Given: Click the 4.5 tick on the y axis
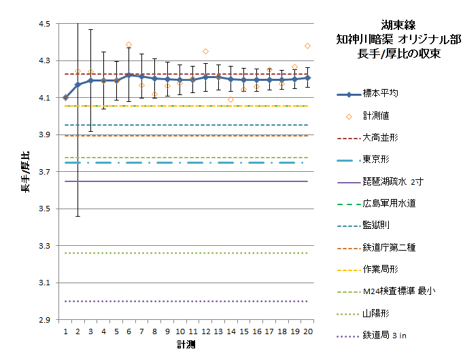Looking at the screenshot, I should click(44, 24).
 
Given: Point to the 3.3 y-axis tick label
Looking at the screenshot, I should click(44, 246).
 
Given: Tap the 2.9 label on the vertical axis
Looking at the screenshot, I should click(44, 319).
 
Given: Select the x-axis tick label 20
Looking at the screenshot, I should click(308, 331).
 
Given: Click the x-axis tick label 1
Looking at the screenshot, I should click(65, 331).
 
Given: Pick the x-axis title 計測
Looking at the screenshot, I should click(186, 345).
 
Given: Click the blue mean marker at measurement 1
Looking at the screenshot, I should click(65, 98).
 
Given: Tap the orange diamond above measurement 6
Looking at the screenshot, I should click(128, 45).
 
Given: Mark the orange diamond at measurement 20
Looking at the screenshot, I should click(308, 46).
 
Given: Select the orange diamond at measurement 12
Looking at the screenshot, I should click(205, 52).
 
